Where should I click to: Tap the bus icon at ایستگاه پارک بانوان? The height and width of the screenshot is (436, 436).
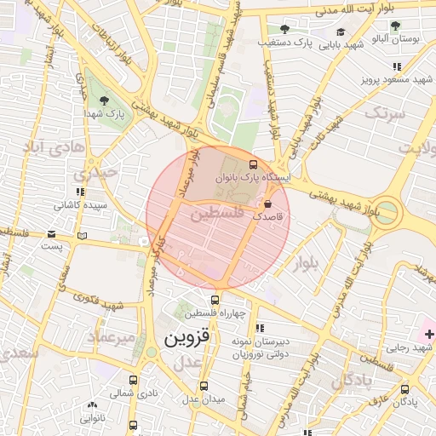252,163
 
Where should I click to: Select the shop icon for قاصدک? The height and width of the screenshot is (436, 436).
268,204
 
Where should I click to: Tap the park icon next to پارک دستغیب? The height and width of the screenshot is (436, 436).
284,29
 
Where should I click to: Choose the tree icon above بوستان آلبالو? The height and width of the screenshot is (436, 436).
395,25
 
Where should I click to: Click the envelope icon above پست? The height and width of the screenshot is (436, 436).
53,233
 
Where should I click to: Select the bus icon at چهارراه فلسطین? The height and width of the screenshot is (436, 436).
215,300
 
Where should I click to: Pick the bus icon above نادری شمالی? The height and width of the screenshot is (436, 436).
132,381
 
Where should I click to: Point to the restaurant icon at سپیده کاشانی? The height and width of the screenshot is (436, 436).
80,192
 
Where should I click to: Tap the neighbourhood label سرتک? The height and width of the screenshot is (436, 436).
381,112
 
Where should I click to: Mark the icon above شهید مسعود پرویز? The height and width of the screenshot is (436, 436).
396,66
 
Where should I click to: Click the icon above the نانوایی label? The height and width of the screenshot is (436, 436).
92,406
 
